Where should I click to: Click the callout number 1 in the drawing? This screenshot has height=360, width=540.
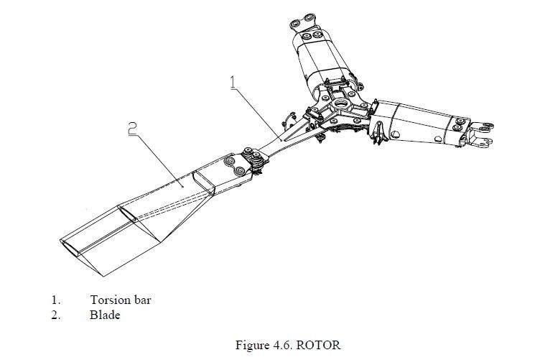233,82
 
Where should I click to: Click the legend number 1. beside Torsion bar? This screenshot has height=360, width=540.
55,300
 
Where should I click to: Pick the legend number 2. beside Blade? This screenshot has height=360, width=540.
55,315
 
